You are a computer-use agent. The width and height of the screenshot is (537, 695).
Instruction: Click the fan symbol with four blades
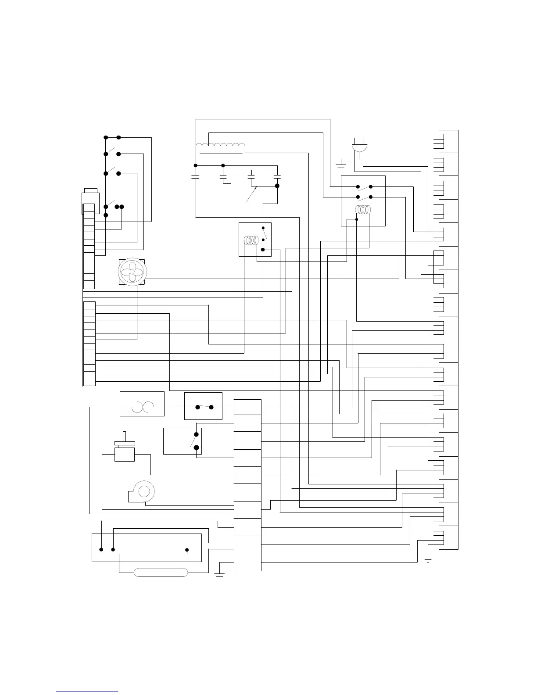click(131, 272)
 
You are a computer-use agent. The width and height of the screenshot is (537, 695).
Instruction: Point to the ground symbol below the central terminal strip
click(219, 575)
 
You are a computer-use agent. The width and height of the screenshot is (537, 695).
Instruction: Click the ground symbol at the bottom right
click(428, 559)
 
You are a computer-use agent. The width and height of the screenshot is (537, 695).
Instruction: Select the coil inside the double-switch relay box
click(363, 210)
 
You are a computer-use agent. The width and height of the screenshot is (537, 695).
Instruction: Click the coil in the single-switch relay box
click(251, 240)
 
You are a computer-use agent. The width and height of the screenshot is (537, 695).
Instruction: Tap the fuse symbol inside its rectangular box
click(142, 407)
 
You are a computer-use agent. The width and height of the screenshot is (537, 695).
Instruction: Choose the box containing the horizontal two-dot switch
click(203, 406)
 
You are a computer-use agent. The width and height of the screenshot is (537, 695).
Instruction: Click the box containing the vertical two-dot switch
click(183, 441)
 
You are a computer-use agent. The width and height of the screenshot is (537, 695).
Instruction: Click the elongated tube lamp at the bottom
click(161, 572)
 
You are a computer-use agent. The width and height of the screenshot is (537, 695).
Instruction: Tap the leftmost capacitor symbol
click(196, 177)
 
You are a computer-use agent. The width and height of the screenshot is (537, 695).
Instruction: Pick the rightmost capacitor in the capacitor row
click(276, 177)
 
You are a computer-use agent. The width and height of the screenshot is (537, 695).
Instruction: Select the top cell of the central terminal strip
click(247, 407)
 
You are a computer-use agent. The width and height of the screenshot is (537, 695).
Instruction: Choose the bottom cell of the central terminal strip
click(247, 562)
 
